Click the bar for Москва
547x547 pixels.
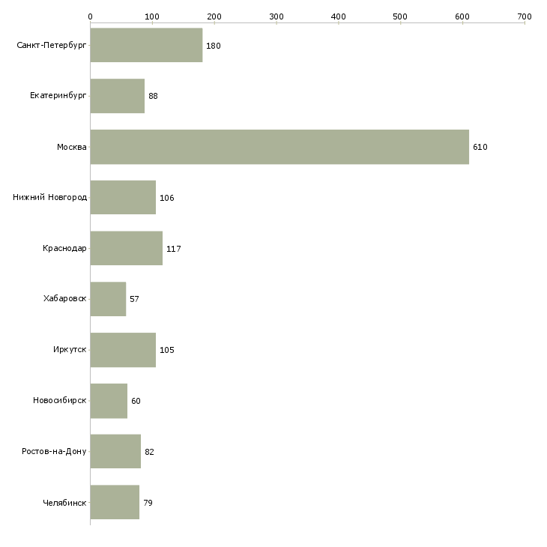[x=279, y=147]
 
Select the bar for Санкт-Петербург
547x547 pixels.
[x=146, y=46]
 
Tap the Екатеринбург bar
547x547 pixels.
[x=117, y=96]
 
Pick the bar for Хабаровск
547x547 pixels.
[x=108, y=299]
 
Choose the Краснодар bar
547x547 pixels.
[x=126, y=248]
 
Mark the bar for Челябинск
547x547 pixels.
[x=115, y=502]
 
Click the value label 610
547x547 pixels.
[x=480, y=148]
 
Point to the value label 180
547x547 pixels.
[x=214, y=46]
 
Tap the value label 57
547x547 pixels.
[x=134, y=300]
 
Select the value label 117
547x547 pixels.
[x=174, y=249]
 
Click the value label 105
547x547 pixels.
[x=167, y=351]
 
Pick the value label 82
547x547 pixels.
[x=149, y=452]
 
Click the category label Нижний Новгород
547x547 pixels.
[x=50, y=198]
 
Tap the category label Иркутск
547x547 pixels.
[x=70, y=350]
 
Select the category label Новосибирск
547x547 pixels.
[x=60, y=401]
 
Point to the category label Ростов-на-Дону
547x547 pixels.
[x=54, y=452]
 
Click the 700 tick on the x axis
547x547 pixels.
[x=524, y=16]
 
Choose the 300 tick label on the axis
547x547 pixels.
[x=276, y=16]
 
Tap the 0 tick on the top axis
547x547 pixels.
[x=90, y=16]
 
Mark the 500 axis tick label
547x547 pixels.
[x=400, y=16]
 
